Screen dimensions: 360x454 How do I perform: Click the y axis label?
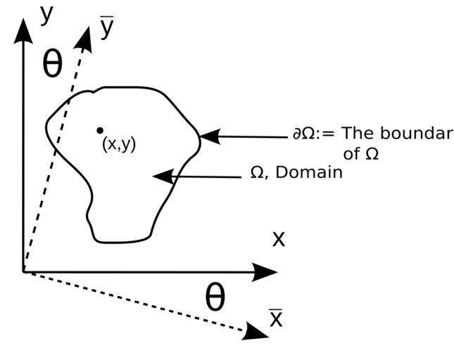coord(47,14)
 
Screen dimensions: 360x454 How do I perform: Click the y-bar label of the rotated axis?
coord(107,28)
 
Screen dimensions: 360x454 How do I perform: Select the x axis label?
coord(279,238)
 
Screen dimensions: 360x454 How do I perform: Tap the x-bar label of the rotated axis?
coord(276,319)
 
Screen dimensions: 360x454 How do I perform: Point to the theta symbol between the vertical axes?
coord(53,64)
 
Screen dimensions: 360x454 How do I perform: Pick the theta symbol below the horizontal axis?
coord(215,297)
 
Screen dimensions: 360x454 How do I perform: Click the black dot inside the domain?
coord(100,130)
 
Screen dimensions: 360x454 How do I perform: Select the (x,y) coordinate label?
coord(119,144)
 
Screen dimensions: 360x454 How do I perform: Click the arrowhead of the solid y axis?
coord(23,30)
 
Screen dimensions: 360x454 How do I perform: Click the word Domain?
coord(309,172)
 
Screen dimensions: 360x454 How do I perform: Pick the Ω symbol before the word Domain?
coord(257,173)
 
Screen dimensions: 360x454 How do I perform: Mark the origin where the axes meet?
coord(23,271)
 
